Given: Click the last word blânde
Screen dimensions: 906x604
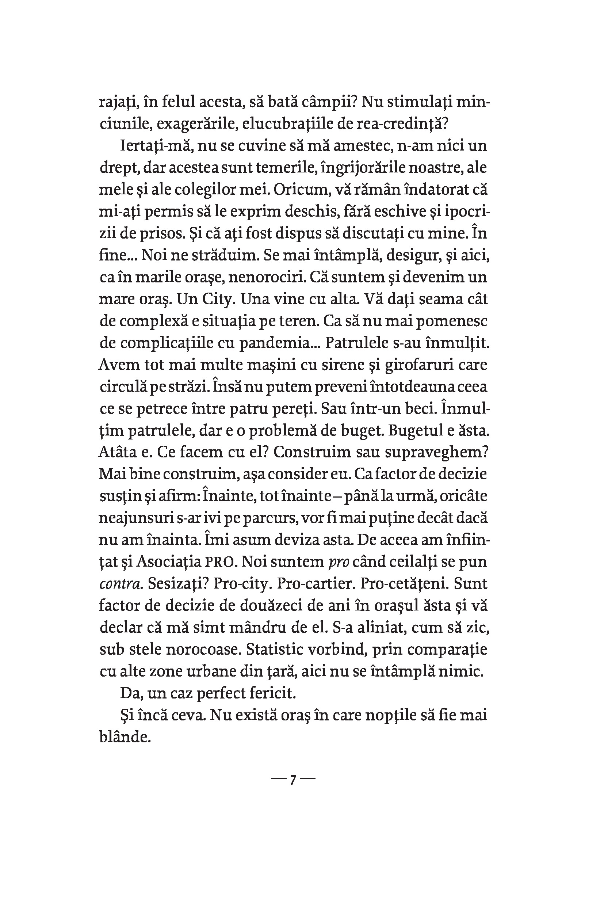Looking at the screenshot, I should click(x=124, y=738).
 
